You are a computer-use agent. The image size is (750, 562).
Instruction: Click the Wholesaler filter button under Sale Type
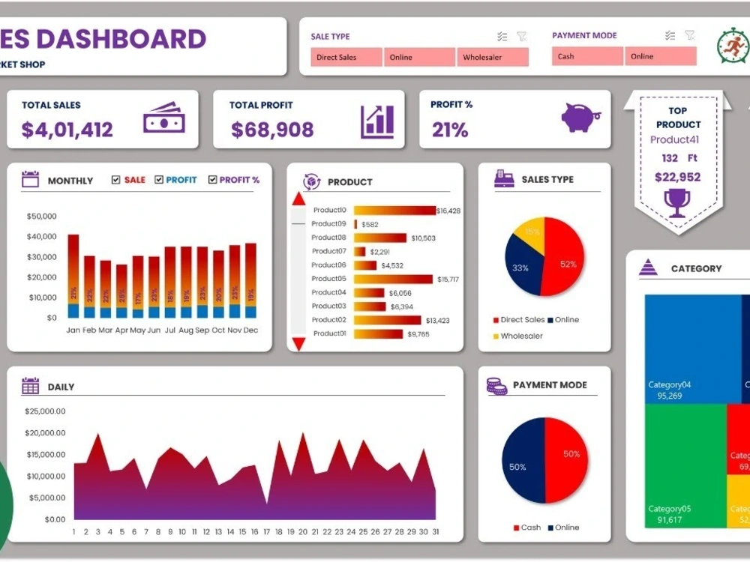click(493, 58)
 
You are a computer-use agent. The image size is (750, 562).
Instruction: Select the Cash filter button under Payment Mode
click(587, 56)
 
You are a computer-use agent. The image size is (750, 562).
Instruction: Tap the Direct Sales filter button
click(346, 58)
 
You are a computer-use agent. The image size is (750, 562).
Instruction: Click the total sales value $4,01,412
click(67, 130)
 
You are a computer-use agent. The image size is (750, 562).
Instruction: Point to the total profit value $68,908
click(272, 130)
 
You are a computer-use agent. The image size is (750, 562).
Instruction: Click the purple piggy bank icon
click(580, 118)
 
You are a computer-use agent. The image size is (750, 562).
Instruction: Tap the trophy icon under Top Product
click(677, 202)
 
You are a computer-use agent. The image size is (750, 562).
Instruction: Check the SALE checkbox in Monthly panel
click(115, 180)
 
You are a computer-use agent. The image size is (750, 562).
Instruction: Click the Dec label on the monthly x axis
click(250, 330)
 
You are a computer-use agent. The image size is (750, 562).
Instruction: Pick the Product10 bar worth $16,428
click(394, 211)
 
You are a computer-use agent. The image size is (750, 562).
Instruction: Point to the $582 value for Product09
click(370, 224)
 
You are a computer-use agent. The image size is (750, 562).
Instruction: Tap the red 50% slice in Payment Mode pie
click(566, 459)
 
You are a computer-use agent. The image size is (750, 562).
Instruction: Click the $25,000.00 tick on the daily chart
click(45, 411)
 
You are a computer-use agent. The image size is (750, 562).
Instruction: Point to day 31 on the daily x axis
click(435, 532)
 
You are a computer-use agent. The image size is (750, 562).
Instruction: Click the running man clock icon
click(732, 45)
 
